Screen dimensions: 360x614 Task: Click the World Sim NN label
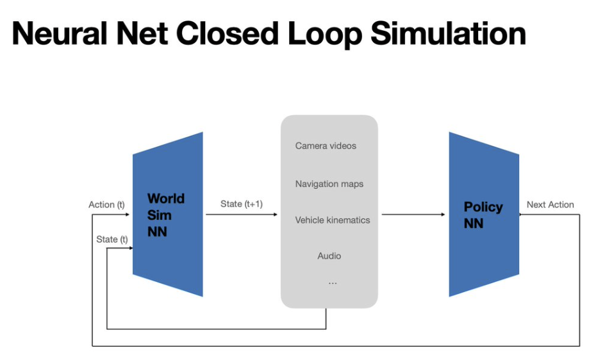[x=165, y=215]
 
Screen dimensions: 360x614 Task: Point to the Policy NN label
[x=483, y=215]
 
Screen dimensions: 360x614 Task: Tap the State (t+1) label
[x=241, y=204]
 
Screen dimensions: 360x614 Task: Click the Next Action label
[x=550, y=205]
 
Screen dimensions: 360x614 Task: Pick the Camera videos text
[x=326, y=146]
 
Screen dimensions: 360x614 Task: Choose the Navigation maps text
[x=329, y=184]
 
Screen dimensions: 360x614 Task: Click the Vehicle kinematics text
[x=333, y=220]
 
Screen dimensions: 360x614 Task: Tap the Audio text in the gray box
[x=329, y=256]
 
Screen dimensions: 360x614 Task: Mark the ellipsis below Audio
[x=333, y=282]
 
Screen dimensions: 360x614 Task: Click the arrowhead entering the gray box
[x=276, y=215]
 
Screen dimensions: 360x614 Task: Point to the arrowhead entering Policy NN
[x=442, y=215]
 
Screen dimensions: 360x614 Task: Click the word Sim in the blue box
[x=159, y=215]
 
